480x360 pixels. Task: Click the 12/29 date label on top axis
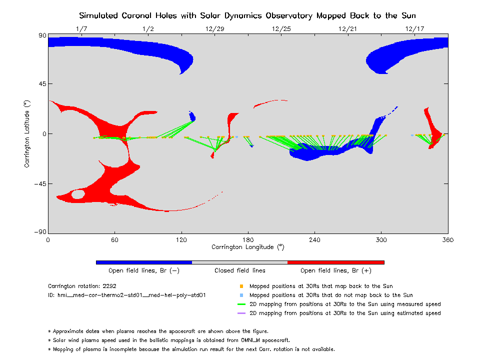[x=214, y=29]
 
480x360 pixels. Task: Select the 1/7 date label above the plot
[x=81, y=29]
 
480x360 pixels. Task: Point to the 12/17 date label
[x=414, y=29]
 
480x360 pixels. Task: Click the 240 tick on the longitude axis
[x=314, y=239]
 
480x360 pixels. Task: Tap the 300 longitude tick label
[x=381, y=239]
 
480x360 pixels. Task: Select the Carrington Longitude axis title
[x=247, y=247]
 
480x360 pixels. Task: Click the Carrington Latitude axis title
[x=27, y=133]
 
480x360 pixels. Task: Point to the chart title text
[x=247, y=15]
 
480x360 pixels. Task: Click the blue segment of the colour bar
[x=144, y=262]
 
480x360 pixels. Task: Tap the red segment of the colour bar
[x=336, y=262]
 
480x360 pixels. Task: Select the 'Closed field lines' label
[x=240, y=270]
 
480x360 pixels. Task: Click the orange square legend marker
[x=241, y=286]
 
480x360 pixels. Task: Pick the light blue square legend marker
[x=241, y=295]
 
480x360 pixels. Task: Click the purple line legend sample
[x=241, y=313]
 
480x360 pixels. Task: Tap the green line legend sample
[x=241, y=304]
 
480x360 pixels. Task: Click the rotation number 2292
[x=108, y=286]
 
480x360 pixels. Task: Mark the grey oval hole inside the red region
[x=78, y=194]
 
